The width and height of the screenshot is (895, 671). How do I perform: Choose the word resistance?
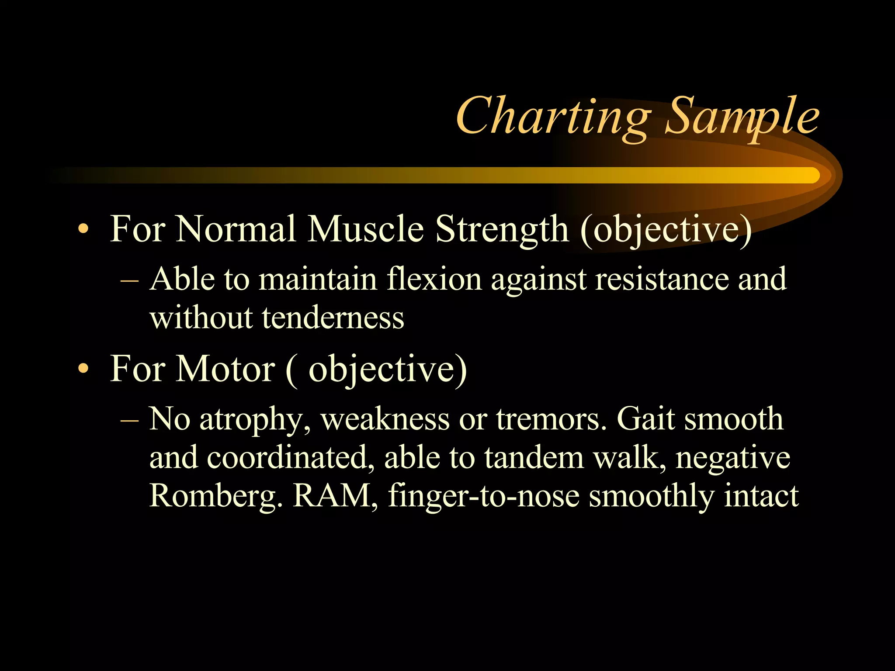[662, 279]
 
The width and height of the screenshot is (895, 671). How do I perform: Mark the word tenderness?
[333, 318]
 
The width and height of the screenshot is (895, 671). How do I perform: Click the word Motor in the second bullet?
[225, 369]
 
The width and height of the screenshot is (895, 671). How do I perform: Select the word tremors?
[551, 419]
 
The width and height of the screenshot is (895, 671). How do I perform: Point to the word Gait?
[645, 419]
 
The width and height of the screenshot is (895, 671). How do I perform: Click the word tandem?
[534, 458]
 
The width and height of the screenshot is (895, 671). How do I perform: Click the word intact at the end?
[761, 496]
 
